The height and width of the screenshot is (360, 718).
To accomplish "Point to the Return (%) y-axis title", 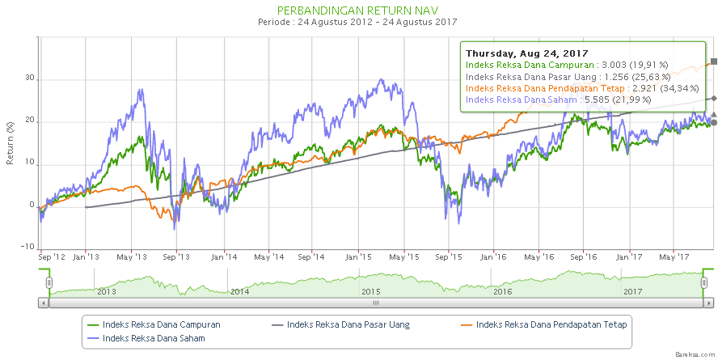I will click(11, 142).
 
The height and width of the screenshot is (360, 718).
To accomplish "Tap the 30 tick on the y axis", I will click(30, 79).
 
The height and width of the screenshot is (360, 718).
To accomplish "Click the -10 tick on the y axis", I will click(27, 248).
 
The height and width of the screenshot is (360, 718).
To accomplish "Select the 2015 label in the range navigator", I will click(371, 291).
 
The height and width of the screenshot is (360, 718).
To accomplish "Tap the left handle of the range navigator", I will click(49, 282).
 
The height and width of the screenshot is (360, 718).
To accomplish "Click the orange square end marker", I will click(713, 61).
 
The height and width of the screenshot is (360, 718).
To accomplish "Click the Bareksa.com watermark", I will click(695, 354).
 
